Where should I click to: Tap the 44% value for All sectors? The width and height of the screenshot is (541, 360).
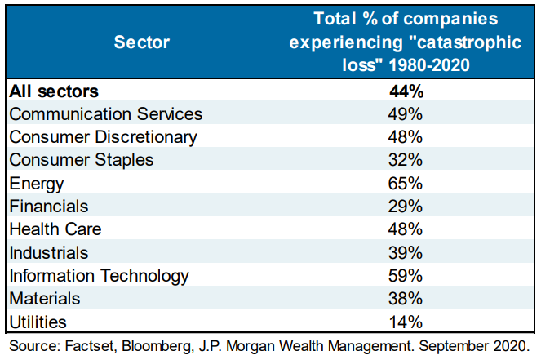405,91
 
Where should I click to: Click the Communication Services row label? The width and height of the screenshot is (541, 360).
105,114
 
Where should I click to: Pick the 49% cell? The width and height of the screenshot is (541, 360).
405,114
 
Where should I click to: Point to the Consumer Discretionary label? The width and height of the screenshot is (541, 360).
103,137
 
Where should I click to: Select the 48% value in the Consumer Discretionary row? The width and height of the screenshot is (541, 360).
405,137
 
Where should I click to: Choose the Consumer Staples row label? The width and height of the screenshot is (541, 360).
81,160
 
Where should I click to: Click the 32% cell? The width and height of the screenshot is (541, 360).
405,160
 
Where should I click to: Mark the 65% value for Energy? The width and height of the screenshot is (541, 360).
405,184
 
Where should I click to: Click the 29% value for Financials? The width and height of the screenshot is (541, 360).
405,207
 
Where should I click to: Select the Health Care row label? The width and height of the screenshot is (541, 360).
55,229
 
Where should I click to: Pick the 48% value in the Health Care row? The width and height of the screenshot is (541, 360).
405,229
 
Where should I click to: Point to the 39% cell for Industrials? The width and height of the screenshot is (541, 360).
405,253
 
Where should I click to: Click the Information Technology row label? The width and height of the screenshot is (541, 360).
99,276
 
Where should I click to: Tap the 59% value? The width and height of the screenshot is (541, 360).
405,276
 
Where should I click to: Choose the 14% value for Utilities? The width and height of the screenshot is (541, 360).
405,322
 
